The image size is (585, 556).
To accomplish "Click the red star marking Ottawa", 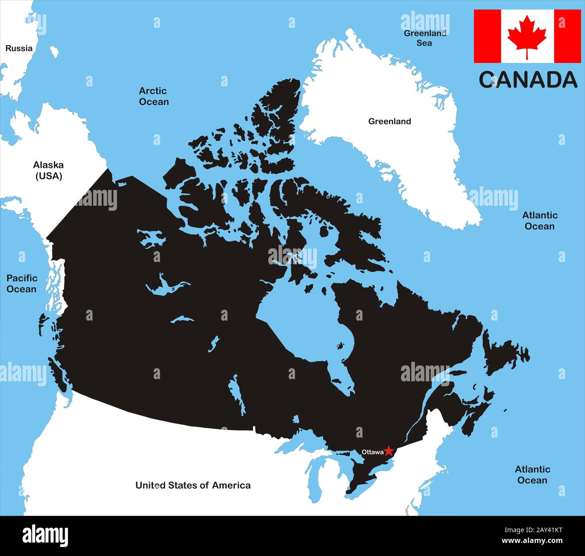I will click(389, 451).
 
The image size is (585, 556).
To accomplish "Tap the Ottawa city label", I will click(373, 452).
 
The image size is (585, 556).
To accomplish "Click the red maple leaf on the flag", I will click(527, 36).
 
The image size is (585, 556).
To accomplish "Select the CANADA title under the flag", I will click(528, 80).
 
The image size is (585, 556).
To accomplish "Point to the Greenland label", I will click(389, 121).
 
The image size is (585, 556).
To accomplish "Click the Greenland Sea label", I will click(424, 38).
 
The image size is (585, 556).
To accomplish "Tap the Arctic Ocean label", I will click(153, 96).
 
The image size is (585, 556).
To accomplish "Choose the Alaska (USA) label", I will click(49, 170).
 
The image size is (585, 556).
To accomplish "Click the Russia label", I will click(19, 48).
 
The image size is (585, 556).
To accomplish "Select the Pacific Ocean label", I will click(22, 283).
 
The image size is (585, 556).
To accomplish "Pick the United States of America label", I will click(193, 485).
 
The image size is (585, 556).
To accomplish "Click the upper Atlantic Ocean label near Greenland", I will click(540, 221).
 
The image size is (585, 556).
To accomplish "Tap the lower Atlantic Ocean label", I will click(532, 475).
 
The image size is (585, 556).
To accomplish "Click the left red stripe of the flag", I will click(487, 36).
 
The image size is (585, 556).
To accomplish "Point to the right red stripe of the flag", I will click(567, 36).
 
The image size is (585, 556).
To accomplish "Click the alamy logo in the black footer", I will click(45, 536).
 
